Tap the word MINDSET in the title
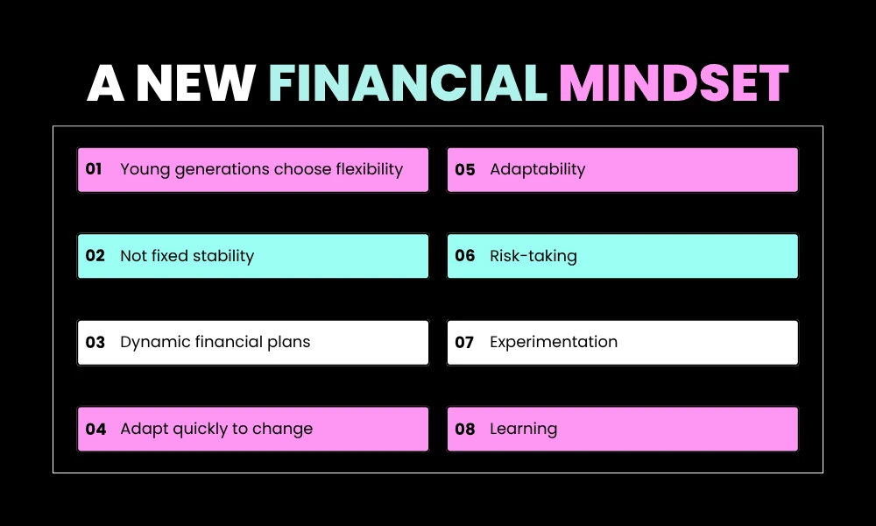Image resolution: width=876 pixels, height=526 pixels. click(675, 84)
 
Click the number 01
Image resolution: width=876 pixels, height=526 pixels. click(95, 169)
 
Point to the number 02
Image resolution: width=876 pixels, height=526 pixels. click(95, 256)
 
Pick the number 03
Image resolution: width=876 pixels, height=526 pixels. click(95, 342)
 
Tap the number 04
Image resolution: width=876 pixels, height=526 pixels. click(95, 429)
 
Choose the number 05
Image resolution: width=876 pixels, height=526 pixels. click(465, 169)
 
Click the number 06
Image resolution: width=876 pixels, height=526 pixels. click(465, 256)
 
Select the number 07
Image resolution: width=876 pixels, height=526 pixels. click(464, 342)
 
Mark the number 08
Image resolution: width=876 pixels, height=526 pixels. click(465, 429)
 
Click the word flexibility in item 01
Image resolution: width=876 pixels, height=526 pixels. click(369, 169)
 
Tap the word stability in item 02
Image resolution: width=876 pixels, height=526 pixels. click(223, 256)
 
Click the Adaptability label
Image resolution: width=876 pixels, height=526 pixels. click(537, 169)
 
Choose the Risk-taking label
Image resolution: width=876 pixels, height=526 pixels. click(533, 256)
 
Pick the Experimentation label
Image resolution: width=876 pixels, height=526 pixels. click(554, 342)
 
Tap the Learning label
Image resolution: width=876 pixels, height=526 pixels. click(523, 429)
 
